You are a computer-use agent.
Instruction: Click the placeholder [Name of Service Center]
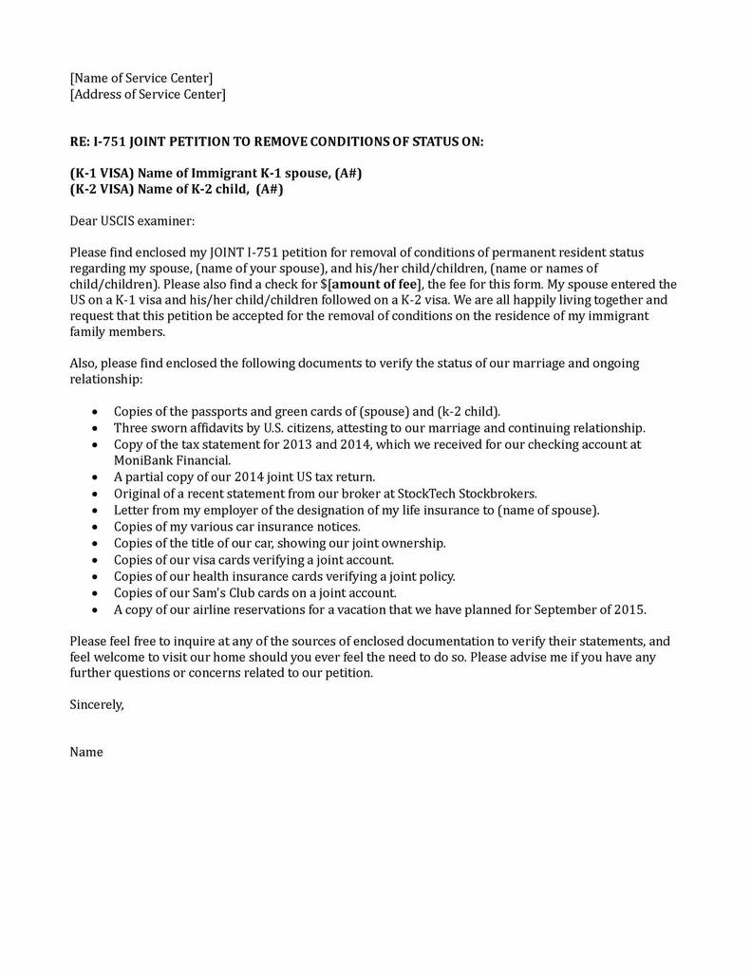pos(141,78)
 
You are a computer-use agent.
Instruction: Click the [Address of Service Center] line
pos(148,94)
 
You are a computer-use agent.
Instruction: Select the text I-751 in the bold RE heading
pos(109,141)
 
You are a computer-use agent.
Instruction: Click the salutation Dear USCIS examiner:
pos(132,221)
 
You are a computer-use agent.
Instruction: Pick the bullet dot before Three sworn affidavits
pos(94,428)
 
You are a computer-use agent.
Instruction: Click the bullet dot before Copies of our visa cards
pos(94,560)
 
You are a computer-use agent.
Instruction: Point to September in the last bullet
pos(568,609)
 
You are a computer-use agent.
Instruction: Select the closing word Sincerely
pos(97,705)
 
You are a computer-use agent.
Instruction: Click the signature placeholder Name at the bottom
pos(86,752)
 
